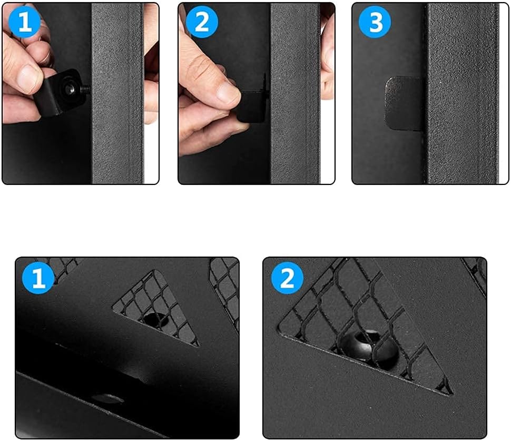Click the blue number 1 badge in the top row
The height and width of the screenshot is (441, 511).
coord(25,22)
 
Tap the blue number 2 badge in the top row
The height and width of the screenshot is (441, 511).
coord(202,22)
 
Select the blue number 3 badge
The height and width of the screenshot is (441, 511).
coord(375,22)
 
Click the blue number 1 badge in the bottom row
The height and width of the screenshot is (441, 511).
coord(38,278)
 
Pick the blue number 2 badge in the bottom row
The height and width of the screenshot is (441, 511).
coord(287,278)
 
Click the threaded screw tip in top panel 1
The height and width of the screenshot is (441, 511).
coord(86,89)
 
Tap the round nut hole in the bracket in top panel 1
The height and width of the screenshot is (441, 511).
coord(70,89)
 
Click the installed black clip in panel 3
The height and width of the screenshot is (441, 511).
coord(404,104)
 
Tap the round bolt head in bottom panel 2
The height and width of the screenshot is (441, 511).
coord(369,347)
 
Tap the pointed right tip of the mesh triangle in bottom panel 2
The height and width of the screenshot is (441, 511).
coord(452,394)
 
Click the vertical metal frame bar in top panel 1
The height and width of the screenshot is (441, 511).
coord(117,94)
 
